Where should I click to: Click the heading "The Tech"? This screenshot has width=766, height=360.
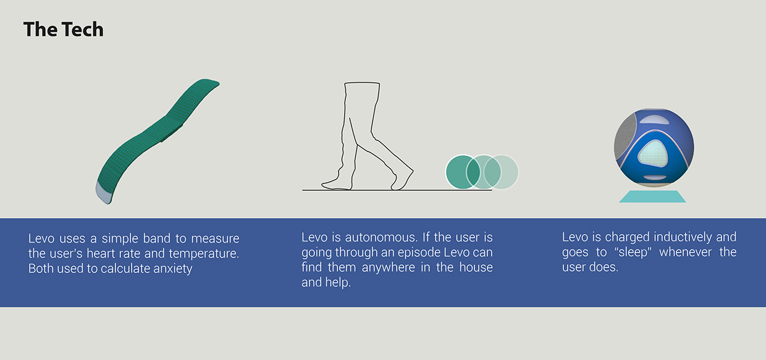[x=64, y=30]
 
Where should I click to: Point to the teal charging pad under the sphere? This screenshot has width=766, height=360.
[x=652, y=196]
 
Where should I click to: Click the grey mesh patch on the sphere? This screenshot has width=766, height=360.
[x=624, y=139]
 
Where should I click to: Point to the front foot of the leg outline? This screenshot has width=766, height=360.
[x=402, y=180]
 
